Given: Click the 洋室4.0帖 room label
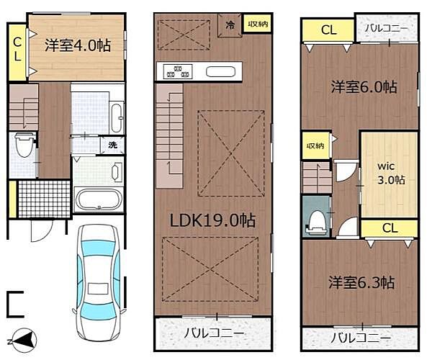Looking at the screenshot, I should pos(78,45).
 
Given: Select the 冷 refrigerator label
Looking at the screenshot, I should pos(230,24).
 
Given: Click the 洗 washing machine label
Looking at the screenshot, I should pos(112,144).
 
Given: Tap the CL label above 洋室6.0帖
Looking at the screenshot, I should pos(328,30).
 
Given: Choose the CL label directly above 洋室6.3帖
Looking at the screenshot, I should pos(390,229).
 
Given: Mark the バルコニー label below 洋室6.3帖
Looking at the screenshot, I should pos(361,338).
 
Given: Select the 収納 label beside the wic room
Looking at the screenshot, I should pos(315,145).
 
